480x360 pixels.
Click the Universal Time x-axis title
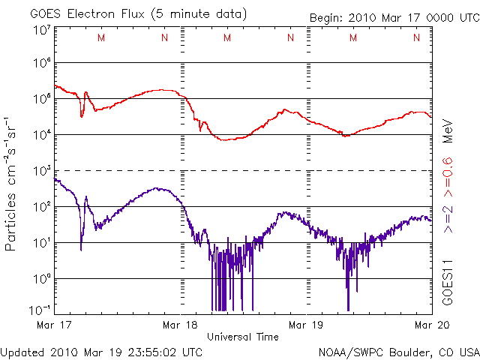pyautogui.click(x=243, y=337)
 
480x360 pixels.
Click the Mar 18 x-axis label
pyautogui.click(x=181, y=325)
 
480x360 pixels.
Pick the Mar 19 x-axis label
pyautogui.click(x=307, y=325)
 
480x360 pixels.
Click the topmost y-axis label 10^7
pyautogui.click(x=42, y=31)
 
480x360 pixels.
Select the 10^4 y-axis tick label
pyautogui.click(x=42, y=134)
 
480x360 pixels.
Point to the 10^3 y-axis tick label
pyautogui.click(x=42, y=170)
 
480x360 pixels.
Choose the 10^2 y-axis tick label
pyautogui.click(x=42, y=206)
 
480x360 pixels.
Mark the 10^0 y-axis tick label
pyautogui.click(x=42, y=278)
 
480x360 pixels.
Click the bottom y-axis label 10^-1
pyautogui.click(x=40, y=310)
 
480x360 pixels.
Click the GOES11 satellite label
pyautogui.click(x=447, y=281)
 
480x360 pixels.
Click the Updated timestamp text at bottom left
pyautogui.click(x=101, y=352)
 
